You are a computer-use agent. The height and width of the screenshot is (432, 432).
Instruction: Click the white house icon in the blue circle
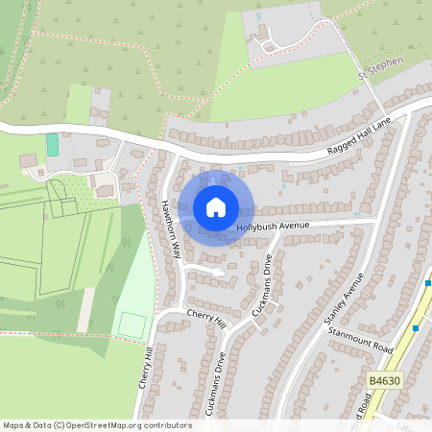tap(216, 207)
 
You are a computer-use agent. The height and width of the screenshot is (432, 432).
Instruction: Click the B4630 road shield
tap(382, 381)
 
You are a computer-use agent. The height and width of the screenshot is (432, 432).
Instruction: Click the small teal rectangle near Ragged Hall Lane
tap(52, 145)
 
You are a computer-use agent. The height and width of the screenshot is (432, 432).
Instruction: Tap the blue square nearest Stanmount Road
tap(415, 327)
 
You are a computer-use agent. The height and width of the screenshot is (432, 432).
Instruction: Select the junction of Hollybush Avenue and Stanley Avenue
tap(372, 223)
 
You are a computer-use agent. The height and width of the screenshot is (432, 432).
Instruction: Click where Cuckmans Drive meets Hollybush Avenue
tap(276, 233)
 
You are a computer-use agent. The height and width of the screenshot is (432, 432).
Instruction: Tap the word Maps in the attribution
tap(15, 424)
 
